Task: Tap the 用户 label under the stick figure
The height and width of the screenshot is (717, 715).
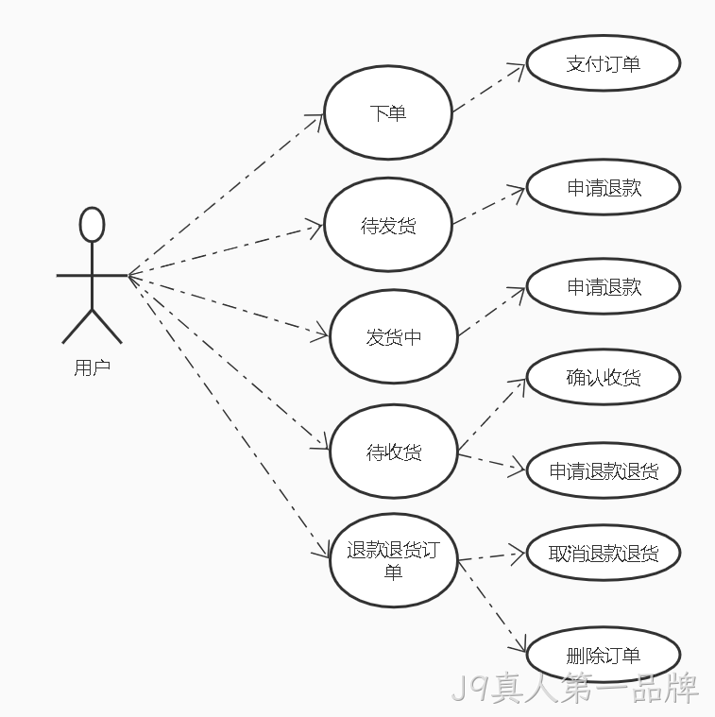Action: pos(93,367)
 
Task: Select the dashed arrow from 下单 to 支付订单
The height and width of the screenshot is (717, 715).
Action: pos(488,88)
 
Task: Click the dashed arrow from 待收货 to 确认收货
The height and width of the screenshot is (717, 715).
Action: pos(492,416)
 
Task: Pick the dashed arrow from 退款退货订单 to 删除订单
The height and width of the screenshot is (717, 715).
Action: pos(492,606)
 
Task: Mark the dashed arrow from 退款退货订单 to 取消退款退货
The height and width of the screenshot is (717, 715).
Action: pos(491,556)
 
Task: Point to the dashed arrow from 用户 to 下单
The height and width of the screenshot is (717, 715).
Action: pos(226,195)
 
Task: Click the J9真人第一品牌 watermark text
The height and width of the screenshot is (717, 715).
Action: pos(574,688)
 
